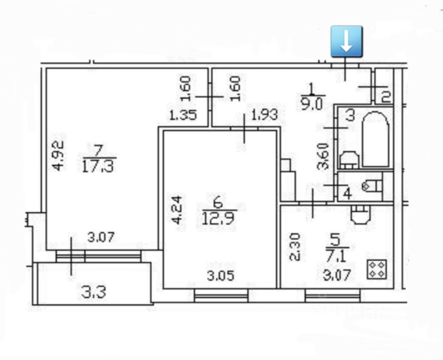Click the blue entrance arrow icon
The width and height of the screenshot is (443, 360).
tap(347, 41)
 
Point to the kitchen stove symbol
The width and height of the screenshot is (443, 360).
tap(377, 269)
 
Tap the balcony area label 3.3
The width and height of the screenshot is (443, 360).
tap(94, 292)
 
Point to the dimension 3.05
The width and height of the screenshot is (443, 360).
tap(221, 275)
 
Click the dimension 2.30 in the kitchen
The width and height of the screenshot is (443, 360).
tap(295, 247)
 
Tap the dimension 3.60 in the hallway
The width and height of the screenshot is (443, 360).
tap(324, 156)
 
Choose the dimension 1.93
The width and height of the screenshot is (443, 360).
tap(264, 115)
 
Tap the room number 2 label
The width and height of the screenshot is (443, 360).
tap(386, 97)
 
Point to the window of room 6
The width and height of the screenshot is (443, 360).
tap(221, 295)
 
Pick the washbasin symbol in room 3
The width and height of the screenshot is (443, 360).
tap(350, 160)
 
